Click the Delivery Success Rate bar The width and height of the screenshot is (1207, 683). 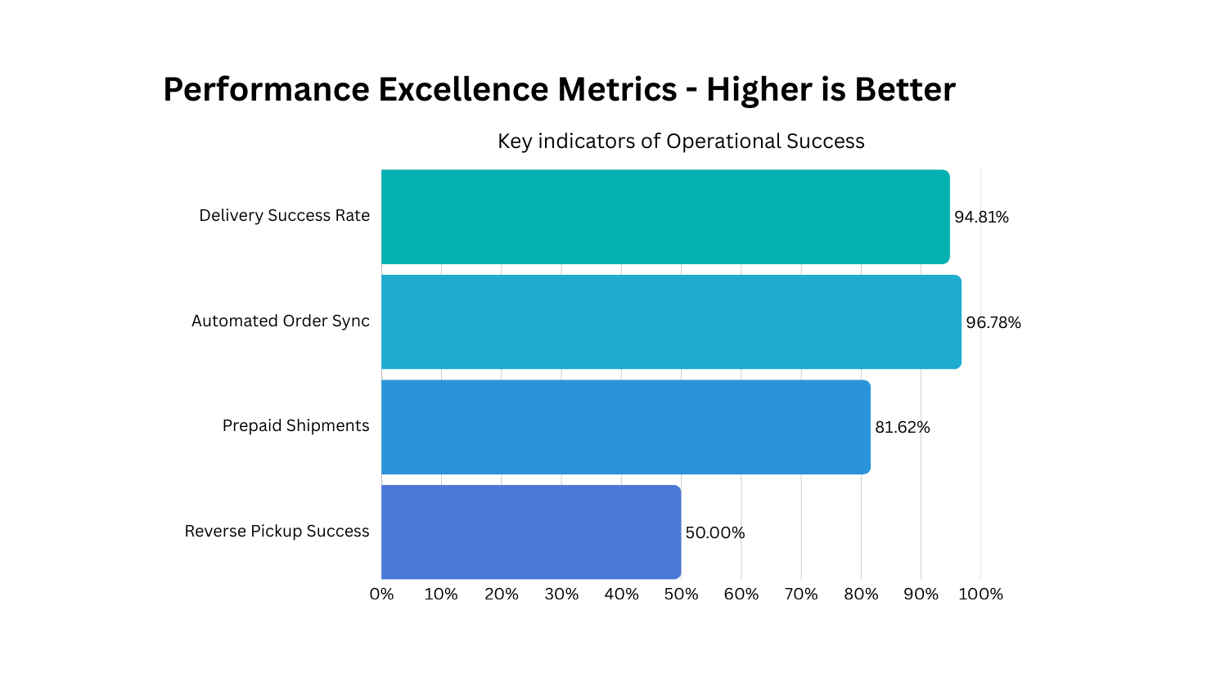pyautogui.click(x=665, y=217)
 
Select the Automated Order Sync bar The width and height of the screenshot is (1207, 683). pyautogui.click(x=671, y=321)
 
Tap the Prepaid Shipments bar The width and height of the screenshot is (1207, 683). pyautogui.click(x=626, y=426)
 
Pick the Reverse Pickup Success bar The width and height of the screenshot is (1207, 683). pyautogui.click(x=531, y=532)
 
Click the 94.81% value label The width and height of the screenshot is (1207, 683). pyautogui.click(x=981, y=218)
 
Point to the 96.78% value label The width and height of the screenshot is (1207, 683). pyautogui.click(x=993, y=323)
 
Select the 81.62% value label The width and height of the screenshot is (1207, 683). pyautogui.click(x=903, y=428)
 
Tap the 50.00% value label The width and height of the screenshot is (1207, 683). pyautogui.click(x=714, y=533)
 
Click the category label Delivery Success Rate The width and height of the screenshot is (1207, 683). pyautogui.click(x=284, y=216)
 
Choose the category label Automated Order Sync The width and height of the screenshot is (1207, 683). pyautogui.click(x=280, y=321)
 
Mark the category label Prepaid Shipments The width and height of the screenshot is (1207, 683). pyautogui.click(x=295, y=426)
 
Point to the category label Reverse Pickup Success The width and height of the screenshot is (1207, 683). pyautogui.click(x=277, y=532)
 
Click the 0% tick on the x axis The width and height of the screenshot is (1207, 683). pyautogui.click(x=381, y=595)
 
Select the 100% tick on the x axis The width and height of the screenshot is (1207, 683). pyautogui.click(x=980, y=595)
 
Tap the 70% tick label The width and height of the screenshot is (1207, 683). pyautogui.click(x=801, y=595)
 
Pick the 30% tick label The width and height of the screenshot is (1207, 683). pyautogui.click(x=561, y=595)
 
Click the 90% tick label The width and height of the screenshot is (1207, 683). pyautogui.click(x=921, y=595)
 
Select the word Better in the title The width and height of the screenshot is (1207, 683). pyautogui.click(x=905, y=89)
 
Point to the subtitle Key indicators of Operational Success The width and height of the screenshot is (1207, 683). pyautogui.click(x=681, y=142)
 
